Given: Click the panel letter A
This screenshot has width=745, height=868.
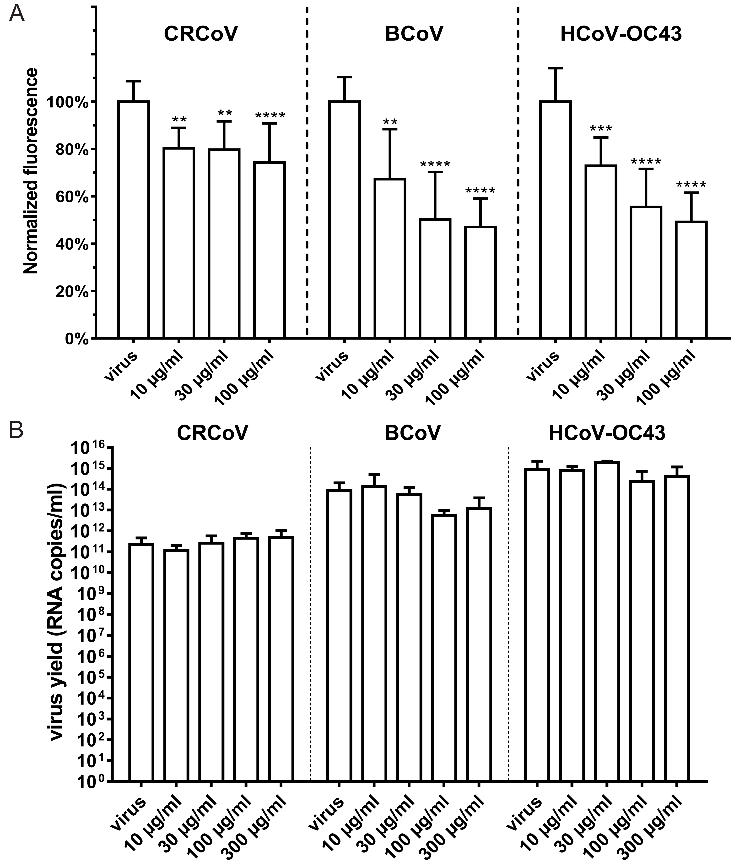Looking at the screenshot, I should [x=17, y=15].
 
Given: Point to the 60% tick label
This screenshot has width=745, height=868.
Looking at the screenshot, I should [x=73, y=197].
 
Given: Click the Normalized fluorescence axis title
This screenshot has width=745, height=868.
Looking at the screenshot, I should [x=31, y=171].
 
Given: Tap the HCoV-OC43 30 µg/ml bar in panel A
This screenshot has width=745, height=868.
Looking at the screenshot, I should [x=646, y=272].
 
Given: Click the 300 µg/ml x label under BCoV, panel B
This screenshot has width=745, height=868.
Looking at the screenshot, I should [x=454, y=821].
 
